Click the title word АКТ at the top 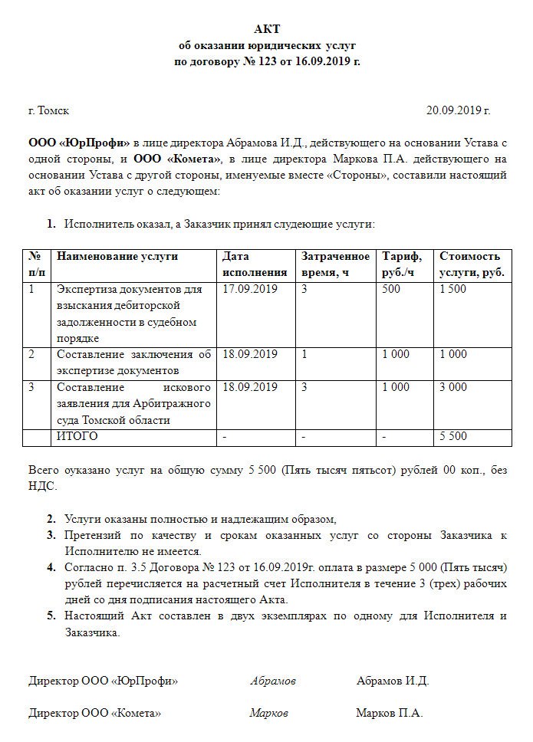268,29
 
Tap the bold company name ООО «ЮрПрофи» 79,143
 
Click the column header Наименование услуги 117,256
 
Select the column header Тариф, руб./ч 403,264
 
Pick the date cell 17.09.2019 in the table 249,289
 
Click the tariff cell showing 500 390,289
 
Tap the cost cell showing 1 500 452,289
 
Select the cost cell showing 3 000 452,387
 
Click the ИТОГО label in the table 77,436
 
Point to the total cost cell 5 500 452,436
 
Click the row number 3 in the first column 31,387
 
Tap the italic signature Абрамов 272,681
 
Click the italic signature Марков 268,713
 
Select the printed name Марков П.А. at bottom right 389,713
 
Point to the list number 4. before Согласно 51,567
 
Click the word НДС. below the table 41,485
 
